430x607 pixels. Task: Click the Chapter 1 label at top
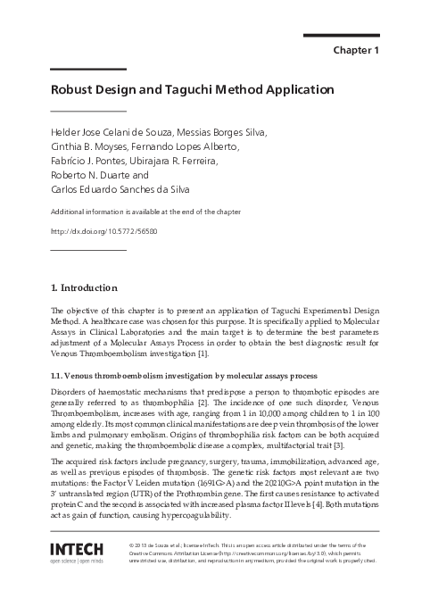pyautogui.click(x=356, y=50)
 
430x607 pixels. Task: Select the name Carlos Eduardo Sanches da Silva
pyautogui.click(x=120, y=190)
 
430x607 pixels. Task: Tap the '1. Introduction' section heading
pyautogui.click(x=83, y=287)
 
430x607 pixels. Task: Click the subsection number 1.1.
pyautogui.click(x=57, y=376)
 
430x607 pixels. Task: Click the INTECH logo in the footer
pyautogui.click(x=81, y=549)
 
